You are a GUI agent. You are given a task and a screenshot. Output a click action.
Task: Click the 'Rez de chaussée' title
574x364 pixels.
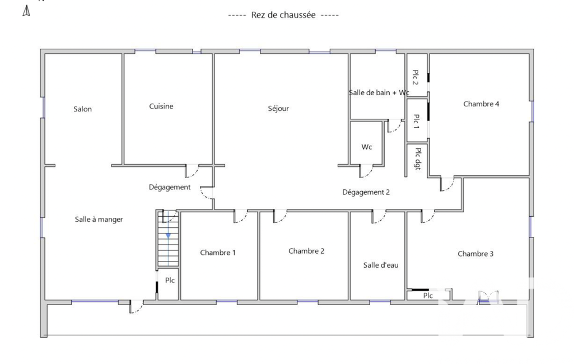point(283,15)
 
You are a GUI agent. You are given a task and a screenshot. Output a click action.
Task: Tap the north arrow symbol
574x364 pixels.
point(26,11)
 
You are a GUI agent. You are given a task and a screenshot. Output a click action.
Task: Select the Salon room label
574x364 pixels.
point(82,109)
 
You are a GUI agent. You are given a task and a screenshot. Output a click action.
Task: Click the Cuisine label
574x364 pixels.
point(161,106)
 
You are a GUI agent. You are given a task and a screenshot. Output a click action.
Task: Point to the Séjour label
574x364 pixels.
point(278,109)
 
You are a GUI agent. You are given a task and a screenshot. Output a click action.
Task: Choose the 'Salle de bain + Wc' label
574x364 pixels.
point(379,92)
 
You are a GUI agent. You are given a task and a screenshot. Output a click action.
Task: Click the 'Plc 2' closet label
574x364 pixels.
point(416,77)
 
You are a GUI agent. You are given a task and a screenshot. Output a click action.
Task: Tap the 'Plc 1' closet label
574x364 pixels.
point(416,121)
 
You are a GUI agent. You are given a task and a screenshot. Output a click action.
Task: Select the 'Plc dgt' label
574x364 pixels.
point(418,158)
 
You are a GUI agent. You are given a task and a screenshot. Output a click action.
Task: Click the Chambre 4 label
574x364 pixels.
point(481,104)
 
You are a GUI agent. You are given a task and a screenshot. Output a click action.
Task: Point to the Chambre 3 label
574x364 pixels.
point(475,254)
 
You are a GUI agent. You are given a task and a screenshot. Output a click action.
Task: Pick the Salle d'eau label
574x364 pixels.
point(381,265)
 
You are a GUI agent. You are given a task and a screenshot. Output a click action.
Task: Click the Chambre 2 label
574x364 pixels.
point(306,251)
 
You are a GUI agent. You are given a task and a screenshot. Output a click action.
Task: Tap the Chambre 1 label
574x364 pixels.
point(218,253)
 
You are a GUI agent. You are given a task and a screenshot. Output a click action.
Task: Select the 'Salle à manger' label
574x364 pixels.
point(99,220)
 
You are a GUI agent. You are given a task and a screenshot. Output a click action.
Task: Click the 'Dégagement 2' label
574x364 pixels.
point(366,192)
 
